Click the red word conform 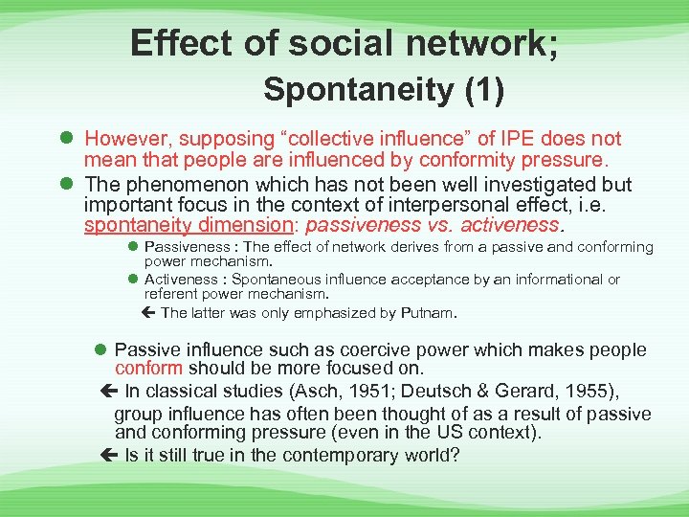(148, 368)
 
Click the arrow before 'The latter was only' (150, 312)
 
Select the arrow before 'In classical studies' (107, 390)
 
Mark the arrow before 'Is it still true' (107, 454)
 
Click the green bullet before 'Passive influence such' (101, 350)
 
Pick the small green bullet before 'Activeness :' (133, 279)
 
